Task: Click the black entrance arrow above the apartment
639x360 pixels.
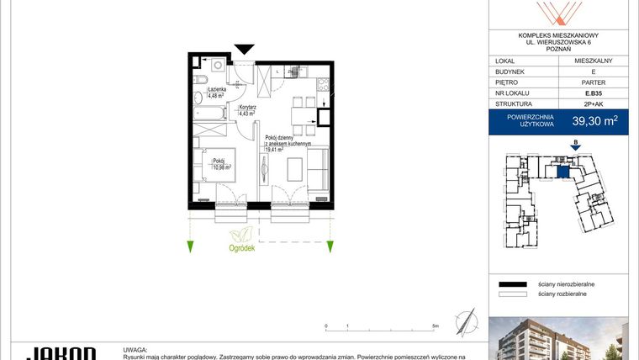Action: click(x=243, y=49)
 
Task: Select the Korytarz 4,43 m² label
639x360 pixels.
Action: click(x=247, y=110)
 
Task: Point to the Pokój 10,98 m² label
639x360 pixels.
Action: click(x=221, y=163)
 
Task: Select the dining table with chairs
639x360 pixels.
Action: click(x=300, y=114)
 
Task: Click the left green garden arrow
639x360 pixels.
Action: click(x=191, y=246)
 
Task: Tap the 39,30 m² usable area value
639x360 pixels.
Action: click(x=594, y=121)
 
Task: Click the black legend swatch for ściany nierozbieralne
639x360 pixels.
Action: click(x=512, y=285)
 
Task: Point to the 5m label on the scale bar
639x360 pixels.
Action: click(x=434, y=325)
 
